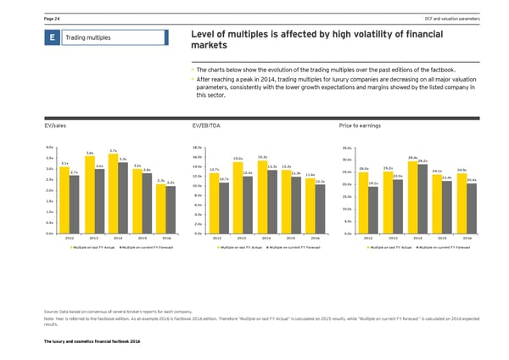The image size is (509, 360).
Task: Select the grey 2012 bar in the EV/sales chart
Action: tap(75, 205)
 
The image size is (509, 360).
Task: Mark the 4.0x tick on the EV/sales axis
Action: tap(50, 146)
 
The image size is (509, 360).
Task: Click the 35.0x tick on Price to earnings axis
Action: tap(347, 146)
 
